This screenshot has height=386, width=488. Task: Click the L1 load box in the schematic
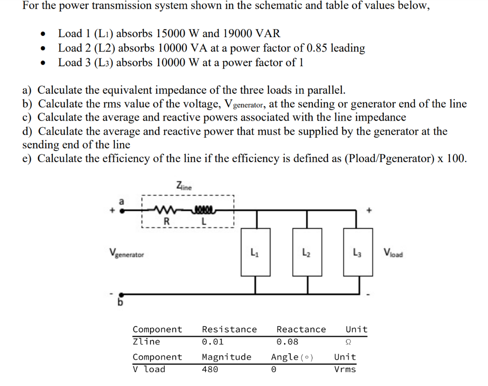255,252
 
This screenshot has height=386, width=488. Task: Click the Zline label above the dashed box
183,186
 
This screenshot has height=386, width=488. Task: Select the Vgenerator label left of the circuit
126,254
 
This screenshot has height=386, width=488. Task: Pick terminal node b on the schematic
122,295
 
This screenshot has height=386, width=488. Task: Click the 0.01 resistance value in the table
213,342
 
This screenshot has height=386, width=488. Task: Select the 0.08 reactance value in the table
287,342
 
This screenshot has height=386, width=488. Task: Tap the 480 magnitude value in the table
210,369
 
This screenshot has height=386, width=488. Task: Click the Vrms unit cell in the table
345,369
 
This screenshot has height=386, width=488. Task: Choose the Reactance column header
301,329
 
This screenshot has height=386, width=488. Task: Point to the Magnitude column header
226,357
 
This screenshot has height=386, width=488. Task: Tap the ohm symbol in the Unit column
348,342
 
